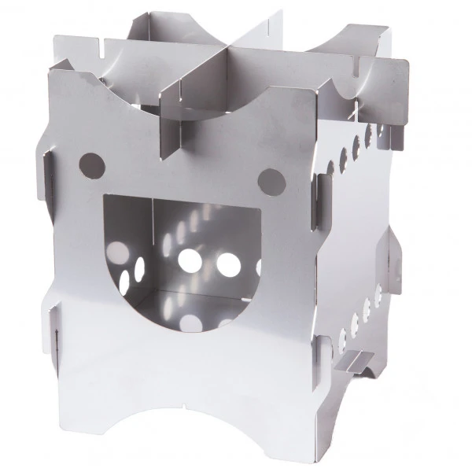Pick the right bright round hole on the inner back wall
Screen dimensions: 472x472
[228, 264]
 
